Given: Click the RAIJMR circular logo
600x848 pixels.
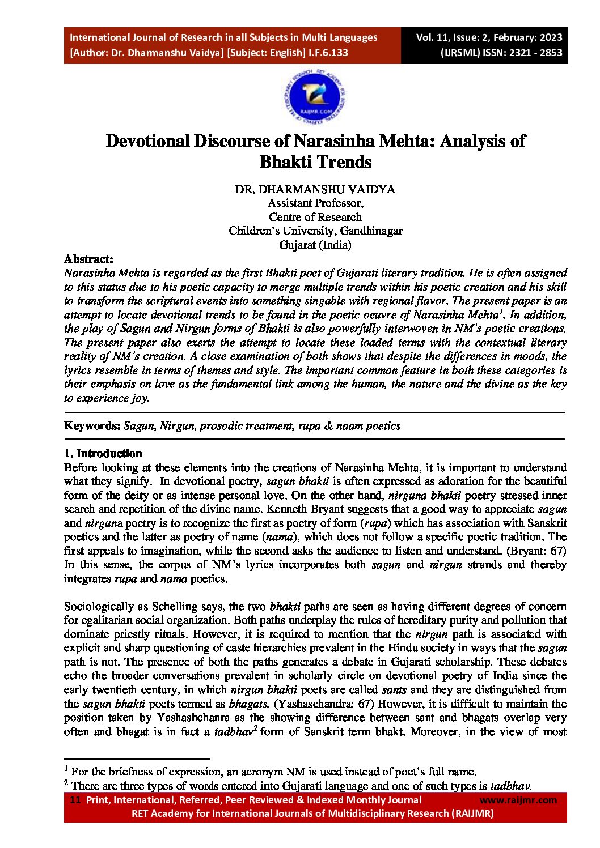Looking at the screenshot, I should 315,97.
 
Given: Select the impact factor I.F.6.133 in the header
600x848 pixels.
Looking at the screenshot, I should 328,53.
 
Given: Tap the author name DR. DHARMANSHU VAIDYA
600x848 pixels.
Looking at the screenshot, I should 315,189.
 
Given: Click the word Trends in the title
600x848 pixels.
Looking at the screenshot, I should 344,162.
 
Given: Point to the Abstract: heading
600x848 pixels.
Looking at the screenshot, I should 88,259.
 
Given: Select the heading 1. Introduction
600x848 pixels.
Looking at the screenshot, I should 103,453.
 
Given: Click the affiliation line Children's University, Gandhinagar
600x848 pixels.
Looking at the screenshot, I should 315,231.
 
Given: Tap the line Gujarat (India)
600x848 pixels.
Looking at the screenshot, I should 315,245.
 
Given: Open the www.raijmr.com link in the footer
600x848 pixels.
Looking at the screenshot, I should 518,800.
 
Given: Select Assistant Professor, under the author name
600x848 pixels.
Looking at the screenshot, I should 315,203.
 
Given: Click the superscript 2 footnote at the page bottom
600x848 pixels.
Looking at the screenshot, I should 66,783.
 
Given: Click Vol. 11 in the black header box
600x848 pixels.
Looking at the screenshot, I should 432,38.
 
